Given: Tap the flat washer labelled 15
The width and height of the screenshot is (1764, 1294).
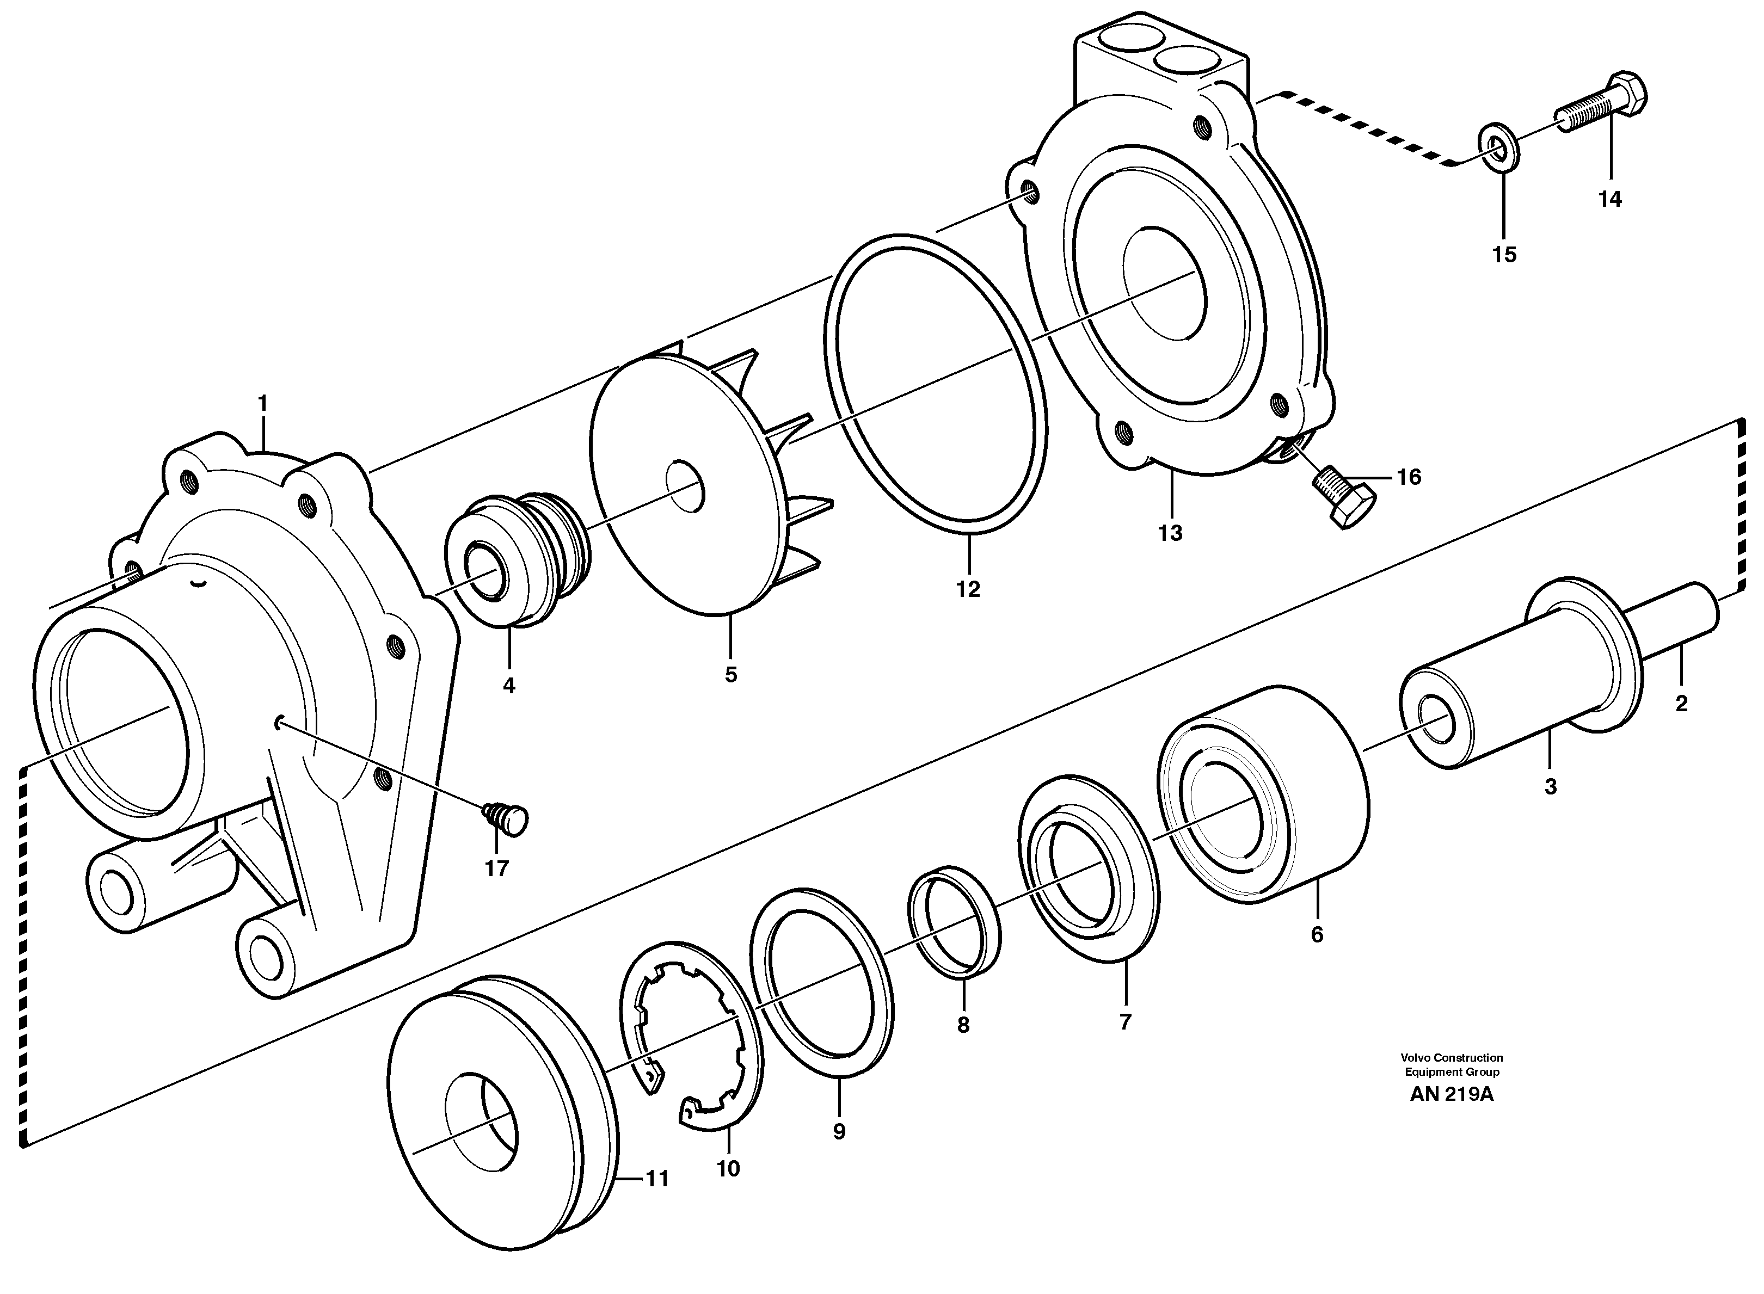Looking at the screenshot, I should pos(1497,146).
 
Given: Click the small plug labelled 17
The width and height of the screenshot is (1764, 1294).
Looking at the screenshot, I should pos(508,818).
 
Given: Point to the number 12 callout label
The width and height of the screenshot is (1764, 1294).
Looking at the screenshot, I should pos(968,589).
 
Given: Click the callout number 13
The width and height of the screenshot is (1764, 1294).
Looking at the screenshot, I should pos(1170,533).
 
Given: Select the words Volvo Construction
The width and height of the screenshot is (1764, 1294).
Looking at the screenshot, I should pos(1452,1057).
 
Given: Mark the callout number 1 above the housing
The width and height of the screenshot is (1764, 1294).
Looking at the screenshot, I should pos(263,403).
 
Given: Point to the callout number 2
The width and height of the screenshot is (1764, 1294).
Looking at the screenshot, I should pos(1681,704).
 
